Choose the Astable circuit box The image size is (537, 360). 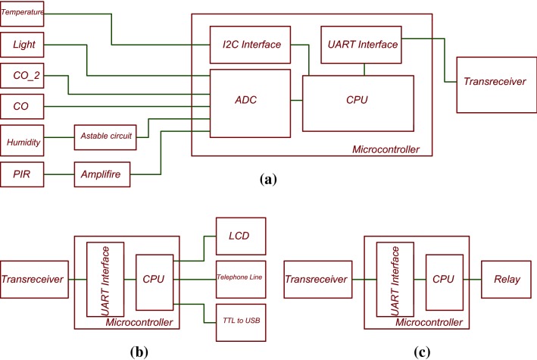[x=105, y=136]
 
